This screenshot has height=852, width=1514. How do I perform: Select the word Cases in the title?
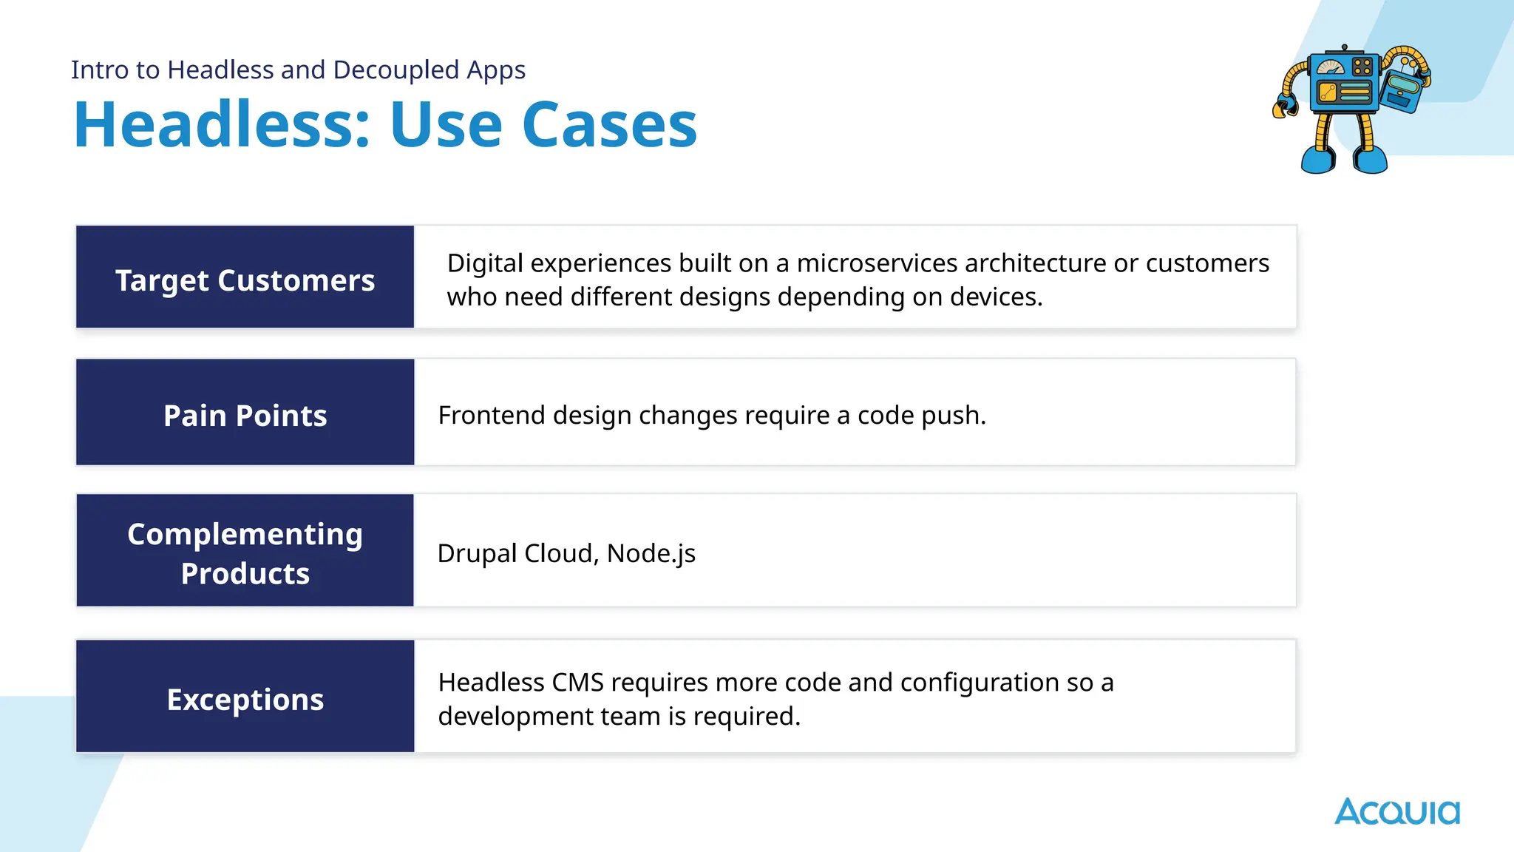609,124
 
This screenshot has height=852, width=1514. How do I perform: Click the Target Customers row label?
245,280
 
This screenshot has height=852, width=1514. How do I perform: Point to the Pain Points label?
245,416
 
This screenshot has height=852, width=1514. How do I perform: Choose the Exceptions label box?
245,699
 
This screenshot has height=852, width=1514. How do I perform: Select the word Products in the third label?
245,573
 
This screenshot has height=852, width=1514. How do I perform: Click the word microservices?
876,263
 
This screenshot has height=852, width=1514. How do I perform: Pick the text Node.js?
651,553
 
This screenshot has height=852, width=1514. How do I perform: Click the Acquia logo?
1396,811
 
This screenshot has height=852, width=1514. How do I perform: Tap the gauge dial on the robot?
1331,67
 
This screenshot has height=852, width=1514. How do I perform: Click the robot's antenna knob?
1344,47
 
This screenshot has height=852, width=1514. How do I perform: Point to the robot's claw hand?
1284,108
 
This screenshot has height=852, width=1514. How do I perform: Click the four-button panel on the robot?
1362,67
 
